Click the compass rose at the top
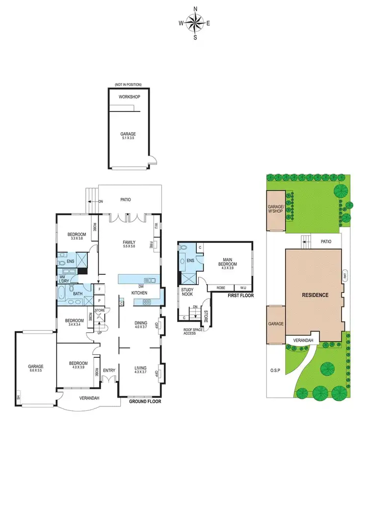click(195, 23)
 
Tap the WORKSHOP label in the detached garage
click(130, 97)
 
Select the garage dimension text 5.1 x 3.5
click(128, 138)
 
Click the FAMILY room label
click(129, 242)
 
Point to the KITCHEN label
click(139, 293)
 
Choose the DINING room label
click(141, 322)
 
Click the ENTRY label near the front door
click(109, 370)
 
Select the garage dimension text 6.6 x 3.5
click(35, 371)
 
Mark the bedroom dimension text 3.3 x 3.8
click(77, 238)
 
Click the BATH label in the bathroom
click(78, 294)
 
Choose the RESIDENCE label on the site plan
click(315, 295)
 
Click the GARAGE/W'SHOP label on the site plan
click(275, 210)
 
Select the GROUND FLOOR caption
click(145, 402)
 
